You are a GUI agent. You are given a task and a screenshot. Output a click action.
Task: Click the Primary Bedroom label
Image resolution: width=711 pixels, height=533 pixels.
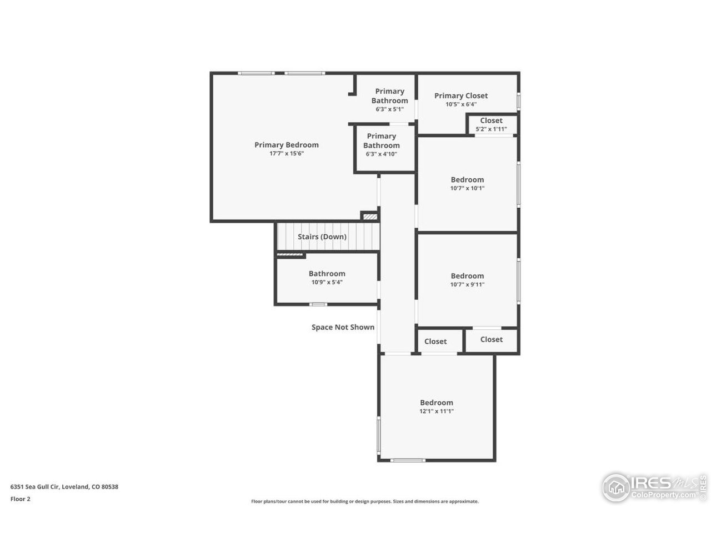coord(287,145)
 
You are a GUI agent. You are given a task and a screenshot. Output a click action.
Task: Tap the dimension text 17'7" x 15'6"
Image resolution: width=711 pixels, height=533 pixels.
coord(287,154)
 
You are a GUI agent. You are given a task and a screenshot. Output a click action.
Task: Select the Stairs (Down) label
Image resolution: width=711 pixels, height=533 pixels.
coord(322,237)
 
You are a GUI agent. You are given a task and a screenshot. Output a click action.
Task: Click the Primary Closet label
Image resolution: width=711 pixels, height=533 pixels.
coord(461,95)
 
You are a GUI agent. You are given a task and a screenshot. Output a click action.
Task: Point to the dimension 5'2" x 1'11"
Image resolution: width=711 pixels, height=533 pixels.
coord(491,129)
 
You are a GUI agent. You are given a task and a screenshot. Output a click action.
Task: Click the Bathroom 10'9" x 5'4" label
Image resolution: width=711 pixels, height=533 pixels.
coord(327,274)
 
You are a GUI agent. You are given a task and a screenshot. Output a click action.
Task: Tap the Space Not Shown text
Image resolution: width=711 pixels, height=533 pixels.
coord(343,327)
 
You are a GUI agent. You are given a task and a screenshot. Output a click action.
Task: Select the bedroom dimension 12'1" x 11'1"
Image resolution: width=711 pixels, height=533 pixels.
coord(437,411)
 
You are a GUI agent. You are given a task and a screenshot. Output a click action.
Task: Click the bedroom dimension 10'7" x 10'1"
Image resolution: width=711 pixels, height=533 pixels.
coord(467,188)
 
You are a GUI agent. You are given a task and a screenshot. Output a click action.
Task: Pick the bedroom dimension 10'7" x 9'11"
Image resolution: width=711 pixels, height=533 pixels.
coord(467,284)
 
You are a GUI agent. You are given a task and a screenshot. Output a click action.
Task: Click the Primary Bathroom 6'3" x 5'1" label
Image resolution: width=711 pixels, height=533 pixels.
coord(389,96)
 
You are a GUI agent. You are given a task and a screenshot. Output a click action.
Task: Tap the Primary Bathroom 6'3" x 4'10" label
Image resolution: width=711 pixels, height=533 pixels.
coord(382,141)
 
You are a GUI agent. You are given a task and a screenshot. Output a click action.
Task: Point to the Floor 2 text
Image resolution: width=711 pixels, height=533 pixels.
coord(21,499)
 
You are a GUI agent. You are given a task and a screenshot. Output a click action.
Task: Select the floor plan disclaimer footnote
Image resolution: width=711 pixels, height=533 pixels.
coord(364,501)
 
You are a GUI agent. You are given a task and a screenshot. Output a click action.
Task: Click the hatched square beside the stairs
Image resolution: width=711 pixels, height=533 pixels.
coord(370,216)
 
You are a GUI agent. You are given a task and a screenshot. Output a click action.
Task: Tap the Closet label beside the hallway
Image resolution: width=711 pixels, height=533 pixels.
coord(435,341)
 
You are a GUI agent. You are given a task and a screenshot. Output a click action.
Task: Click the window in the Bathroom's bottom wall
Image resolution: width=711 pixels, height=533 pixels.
coord(318,304)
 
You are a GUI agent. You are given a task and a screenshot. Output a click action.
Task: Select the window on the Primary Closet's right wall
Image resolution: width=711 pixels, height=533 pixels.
coord(519,100)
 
